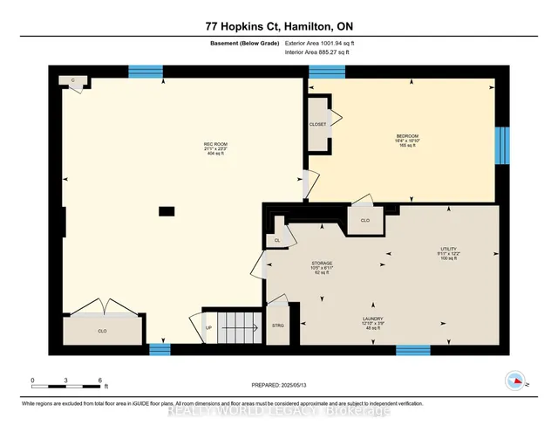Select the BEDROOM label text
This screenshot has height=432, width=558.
point(408,136)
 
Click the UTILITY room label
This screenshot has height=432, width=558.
point(449,250)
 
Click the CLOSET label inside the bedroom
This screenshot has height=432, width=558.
point(317,124)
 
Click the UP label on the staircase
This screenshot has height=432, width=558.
point(209,328)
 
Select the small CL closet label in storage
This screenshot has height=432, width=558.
point(277,240)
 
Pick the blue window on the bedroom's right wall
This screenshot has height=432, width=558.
point(501,144)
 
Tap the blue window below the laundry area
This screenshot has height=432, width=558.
point(412,350)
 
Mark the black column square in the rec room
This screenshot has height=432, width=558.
point(166,210)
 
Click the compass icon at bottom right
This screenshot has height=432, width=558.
point(516,380)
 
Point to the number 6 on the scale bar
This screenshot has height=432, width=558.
point(101,381)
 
